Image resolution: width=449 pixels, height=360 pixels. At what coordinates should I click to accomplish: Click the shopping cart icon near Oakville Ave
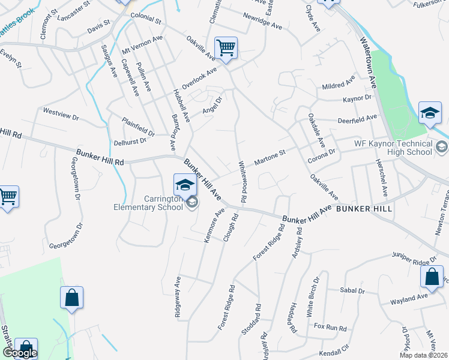click(226, 47)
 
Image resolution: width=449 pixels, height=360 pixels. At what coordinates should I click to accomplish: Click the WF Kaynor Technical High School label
click(393, 148)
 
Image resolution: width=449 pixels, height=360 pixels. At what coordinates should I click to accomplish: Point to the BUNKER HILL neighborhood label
click(364, 209)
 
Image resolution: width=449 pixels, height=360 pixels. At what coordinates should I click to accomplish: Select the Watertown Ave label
click(367, 66)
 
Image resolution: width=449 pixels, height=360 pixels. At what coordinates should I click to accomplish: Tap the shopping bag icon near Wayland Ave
click(432, 277)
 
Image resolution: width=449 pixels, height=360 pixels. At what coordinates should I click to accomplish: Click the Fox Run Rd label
click(331, 328)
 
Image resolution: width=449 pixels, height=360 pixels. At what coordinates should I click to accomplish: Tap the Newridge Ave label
click(262, 27)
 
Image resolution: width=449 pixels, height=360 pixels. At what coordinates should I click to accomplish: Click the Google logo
click(20, 353)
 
